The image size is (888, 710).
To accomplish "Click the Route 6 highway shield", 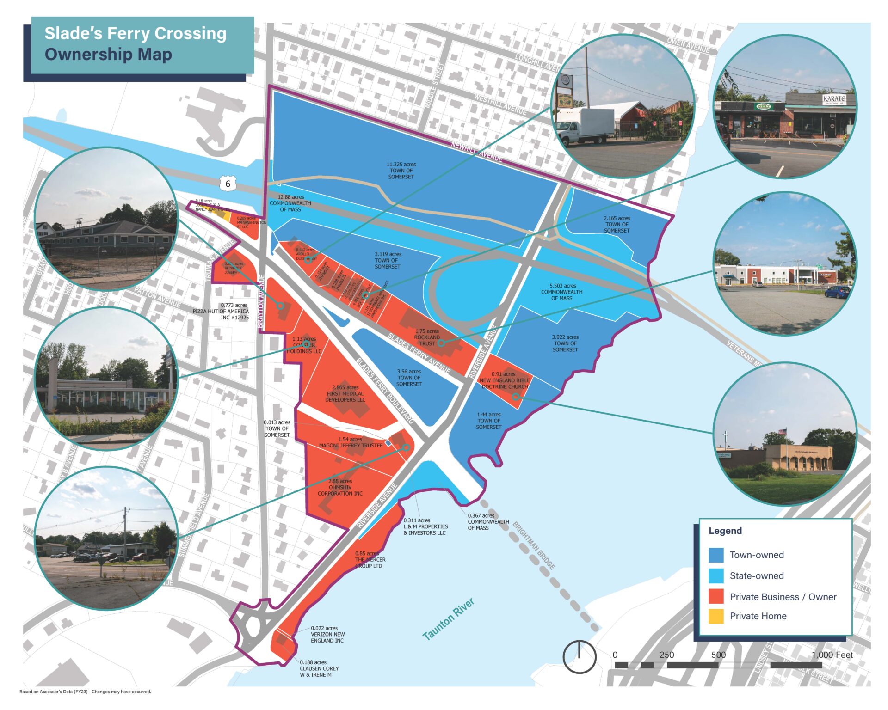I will point(228,184).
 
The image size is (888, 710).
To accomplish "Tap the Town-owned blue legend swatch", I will point(716,555).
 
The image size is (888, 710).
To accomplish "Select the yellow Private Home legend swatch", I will point(716,616).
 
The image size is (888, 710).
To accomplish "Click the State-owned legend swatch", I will point(716,576).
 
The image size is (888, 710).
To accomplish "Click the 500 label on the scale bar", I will point(718,655).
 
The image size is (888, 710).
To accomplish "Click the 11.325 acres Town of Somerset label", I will point(401,171).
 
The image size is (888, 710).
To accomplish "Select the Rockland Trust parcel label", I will point(427,337).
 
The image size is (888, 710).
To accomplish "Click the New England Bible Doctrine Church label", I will point(504,380).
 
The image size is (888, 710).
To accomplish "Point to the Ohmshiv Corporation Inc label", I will point(340,487).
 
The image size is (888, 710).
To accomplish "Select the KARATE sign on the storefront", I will point(833,99).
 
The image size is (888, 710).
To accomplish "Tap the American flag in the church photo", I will point(782,432).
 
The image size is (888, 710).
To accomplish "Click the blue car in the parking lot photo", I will point(837,292).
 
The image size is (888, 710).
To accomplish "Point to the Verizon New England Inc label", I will point(327,634).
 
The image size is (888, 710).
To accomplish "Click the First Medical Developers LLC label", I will point(345,393).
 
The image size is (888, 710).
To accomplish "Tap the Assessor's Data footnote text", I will point(85,692).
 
